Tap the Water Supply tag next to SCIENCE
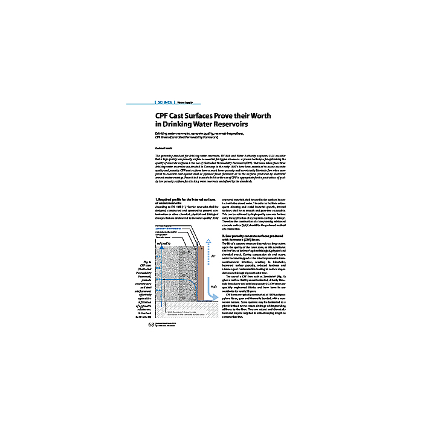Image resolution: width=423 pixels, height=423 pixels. [x=188, y=102]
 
